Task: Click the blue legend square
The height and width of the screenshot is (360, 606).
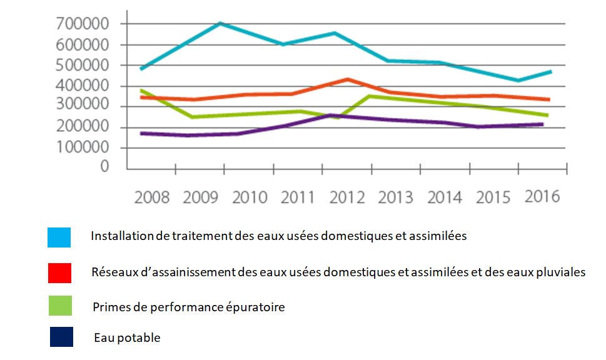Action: coord(59,237)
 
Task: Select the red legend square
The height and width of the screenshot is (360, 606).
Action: coord(59,273)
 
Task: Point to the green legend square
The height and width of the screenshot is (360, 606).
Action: coord(59,306)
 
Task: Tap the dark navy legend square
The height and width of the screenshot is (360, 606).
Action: coord(61,337)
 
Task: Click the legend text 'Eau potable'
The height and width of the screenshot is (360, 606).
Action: coord(128,338)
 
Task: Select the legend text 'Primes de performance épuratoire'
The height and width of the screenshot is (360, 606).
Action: coord(189,307)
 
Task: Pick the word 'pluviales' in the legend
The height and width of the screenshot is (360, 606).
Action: coord(562,272)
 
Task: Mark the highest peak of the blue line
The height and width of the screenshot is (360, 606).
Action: coord(220,23)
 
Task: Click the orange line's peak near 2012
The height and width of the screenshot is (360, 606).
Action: coord(347,79)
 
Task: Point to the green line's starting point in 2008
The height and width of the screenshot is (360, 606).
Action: coord(141,91)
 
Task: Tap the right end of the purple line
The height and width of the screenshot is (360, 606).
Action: coord(542,124)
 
